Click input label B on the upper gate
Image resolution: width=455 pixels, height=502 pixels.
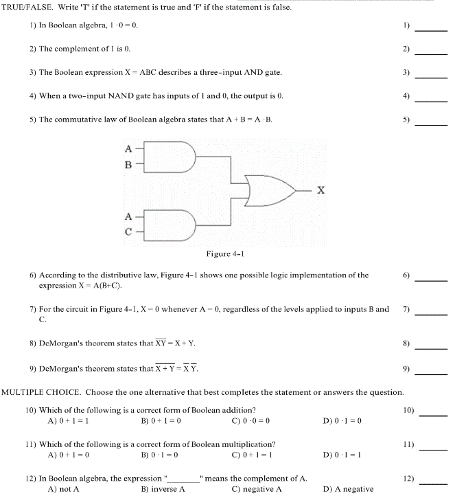pyautogui.click(x=128, y=165)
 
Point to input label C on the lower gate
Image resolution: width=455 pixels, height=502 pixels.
pyautogui.click(x=128, y=231)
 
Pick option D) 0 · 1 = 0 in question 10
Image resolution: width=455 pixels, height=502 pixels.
pyautogui.click(x=342, y=420)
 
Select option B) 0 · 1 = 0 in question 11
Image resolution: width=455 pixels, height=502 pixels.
pyautogui.click(x=161, y=454)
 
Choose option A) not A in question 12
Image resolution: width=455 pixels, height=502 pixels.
pyautogui.click(x=64, y=489)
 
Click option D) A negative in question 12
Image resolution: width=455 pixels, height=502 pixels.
pyautogui.click(x=348, y=489)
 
